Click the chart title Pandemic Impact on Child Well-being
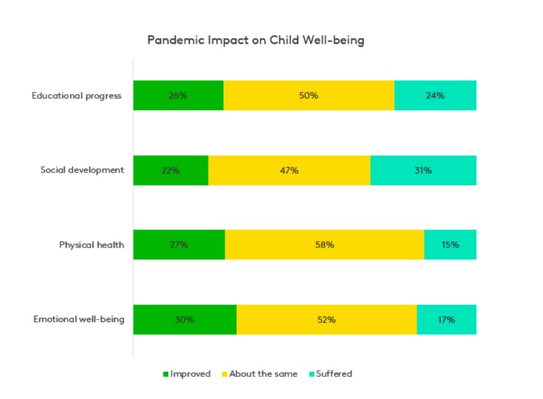click(255, 40)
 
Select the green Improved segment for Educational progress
click(178, 95)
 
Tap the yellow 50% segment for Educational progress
click(309, 95)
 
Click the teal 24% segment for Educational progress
click(435, 95)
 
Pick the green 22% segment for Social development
click(171, 170)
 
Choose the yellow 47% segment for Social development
click(289, 170)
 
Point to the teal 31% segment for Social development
click(424, 170)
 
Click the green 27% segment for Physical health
click(179, 245)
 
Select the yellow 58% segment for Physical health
click(324, 245)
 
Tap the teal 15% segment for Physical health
click(450, 245)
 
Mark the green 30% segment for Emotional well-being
click(185, 320)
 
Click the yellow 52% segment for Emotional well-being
click(326, 320)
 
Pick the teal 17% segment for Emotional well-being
click(446, 320)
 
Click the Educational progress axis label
click(77, 95)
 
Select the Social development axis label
click(82, 170)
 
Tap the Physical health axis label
click(92, 245)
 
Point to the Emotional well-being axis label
click(79, 320)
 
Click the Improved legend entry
click(187, 374)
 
